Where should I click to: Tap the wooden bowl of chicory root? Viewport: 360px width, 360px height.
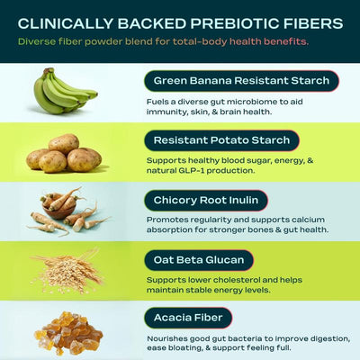click(60, 206)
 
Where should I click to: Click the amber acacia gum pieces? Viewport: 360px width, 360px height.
click(68, 330)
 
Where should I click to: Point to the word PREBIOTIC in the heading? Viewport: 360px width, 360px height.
click(229, 22)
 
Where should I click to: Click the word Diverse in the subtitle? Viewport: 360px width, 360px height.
click(38, 41)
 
